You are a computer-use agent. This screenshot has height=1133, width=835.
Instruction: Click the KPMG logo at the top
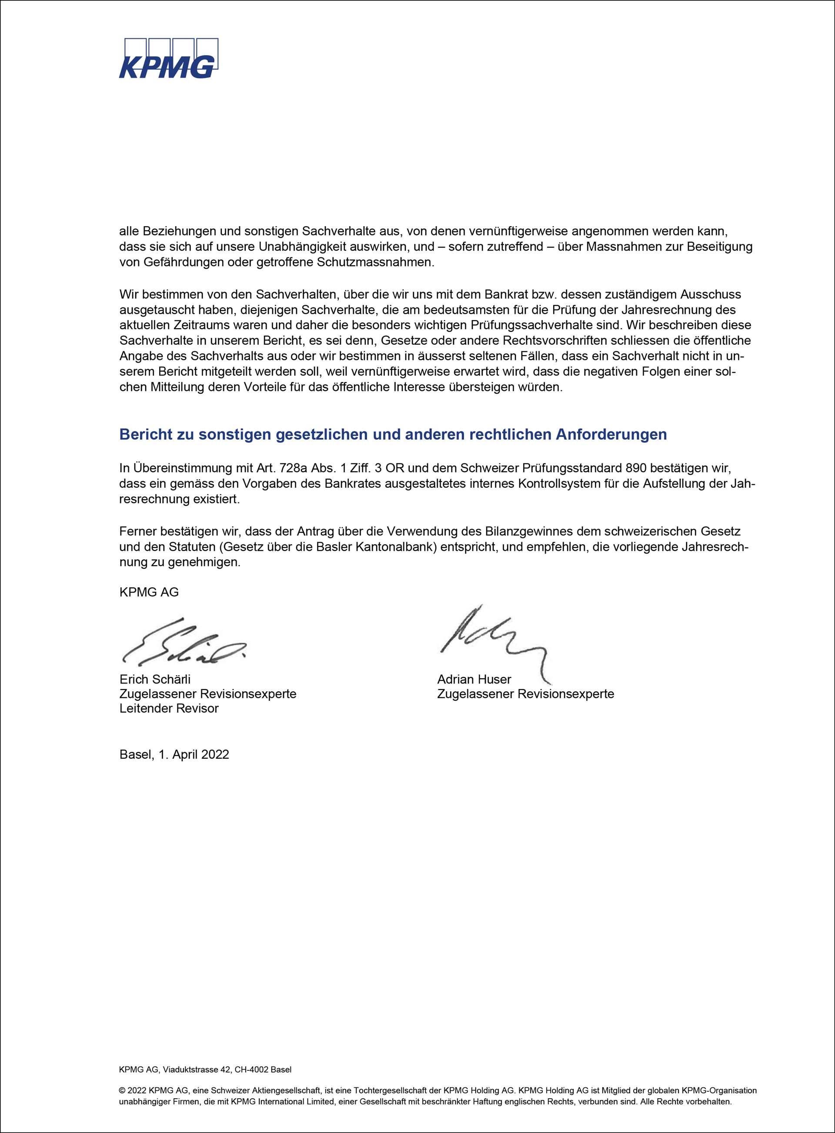168,59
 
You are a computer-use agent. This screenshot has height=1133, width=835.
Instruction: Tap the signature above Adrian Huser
493,639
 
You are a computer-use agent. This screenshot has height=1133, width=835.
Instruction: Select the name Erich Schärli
155,679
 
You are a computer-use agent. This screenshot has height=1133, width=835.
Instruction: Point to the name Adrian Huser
474,679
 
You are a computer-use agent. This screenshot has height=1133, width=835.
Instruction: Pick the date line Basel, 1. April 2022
174,754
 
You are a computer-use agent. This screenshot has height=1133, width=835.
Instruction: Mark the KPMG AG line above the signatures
149,592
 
